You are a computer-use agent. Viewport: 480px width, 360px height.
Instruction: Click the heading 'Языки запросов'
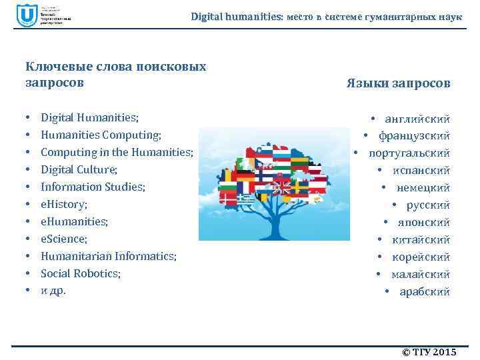398,83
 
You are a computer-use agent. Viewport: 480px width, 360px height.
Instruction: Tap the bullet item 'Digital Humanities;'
90,118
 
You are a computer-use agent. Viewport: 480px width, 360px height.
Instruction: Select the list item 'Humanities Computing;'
101,135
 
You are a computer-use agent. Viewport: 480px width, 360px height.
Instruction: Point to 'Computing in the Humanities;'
117,152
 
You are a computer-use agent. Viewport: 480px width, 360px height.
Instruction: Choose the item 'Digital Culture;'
79,169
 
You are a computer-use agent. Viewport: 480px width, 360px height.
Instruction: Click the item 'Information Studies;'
93,187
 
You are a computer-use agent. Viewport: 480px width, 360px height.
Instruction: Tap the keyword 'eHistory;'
64,204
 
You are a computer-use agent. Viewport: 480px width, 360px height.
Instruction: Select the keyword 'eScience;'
64,239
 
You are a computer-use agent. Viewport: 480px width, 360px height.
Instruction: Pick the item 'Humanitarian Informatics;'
109,256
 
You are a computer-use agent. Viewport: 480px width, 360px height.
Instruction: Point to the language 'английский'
417,119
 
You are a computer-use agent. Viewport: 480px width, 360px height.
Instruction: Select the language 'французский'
414,136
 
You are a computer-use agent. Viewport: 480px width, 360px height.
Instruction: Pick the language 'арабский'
424,292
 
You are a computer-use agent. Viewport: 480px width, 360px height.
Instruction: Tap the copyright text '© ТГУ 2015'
429,352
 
